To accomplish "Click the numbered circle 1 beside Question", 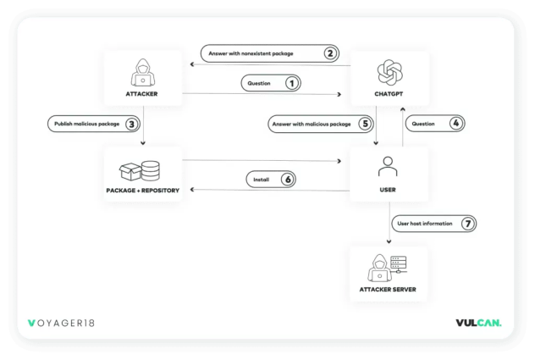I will (x=292, y=83).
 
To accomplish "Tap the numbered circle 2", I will (x=329, y=53).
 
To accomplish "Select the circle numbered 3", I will (x=131, y=124).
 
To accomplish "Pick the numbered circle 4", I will (x=455, y=124).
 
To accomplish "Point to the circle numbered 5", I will (x=365, y=124).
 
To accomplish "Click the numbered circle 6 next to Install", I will (x=288, y=180).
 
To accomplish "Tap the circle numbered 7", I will (x=466, y=224).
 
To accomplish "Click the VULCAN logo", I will (x=478, y=323).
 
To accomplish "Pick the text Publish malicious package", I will (x=87, y=124).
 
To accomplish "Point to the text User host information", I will (x=425, y=224).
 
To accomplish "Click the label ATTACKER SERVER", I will (x=388, y=290).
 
